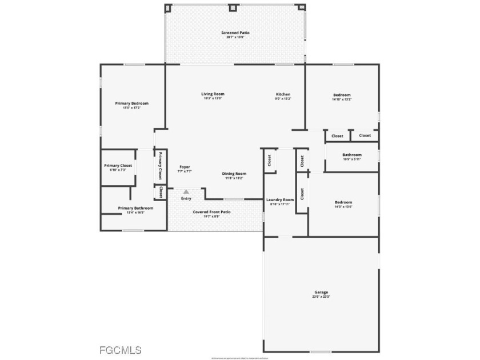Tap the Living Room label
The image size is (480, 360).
tap(213, 94)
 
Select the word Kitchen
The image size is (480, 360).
tap(283, 94)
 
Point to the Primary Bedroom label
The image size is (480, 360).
tap(131, 103)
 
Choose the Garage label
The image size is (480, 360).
tap(321, 292)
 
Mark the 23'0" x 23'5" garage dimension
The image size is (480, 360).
tap(321, 297)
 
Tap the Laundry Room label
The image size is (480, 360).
tap(280, 199)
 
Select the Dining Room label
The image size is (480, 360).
tap(234, 173)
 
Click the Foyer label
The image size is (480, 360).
tap(185, 167)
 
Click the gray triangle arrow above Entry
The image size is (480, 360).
tap(186, 192)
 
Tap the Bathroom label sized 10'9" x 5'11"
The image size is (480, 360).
tap(352, 154)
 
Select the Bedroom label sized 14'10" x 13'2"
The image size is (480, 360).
tap(342, 95)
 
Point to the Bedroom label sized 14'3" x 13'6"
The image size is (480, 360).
tap(343, 202)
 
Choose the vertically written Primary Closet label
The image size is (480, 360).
tap(161, 166)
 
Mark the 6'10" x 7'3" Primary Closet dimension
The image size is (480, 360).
tap(118, 170)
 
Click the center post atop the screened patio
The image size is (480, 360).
tap(233, 8)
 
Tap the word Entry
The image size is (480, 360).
tap(186, 198)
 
